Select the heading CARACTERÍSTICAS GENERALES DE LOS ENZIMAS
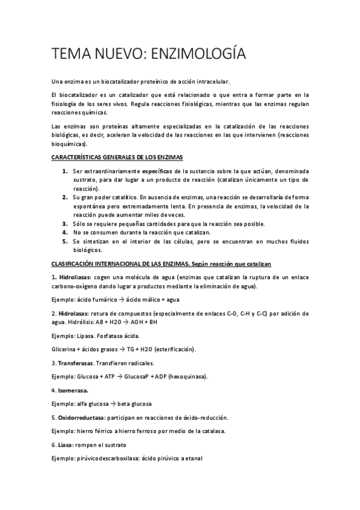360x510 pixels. [x=117, y=157]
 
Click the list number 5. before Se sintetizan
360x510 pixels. [x=65, y=241]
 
